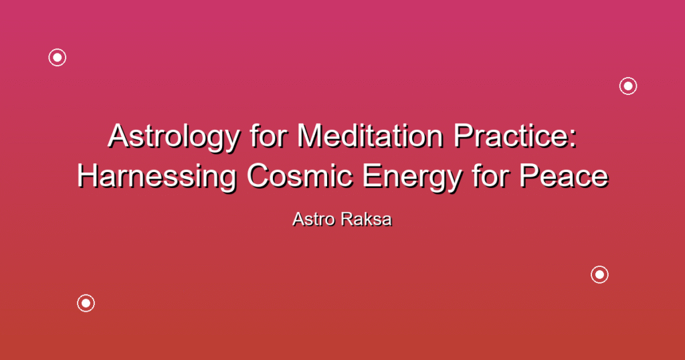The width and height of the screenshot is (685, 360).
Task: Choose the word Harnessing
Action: [x=157, y=178]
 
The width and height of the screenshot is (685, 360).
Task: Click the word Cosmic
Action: [x=299, y=175]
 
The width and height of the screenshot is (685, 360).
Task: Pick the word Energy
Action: [x=411, y=178]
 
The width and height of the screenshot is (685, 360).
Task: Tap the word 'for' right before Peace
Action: [x=490, y=175]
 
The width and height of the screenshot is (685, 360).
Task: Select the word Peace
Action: [x=563, y=175]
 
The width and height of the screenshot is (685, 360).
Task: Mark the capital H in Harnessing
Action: [x=88, y=175]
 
